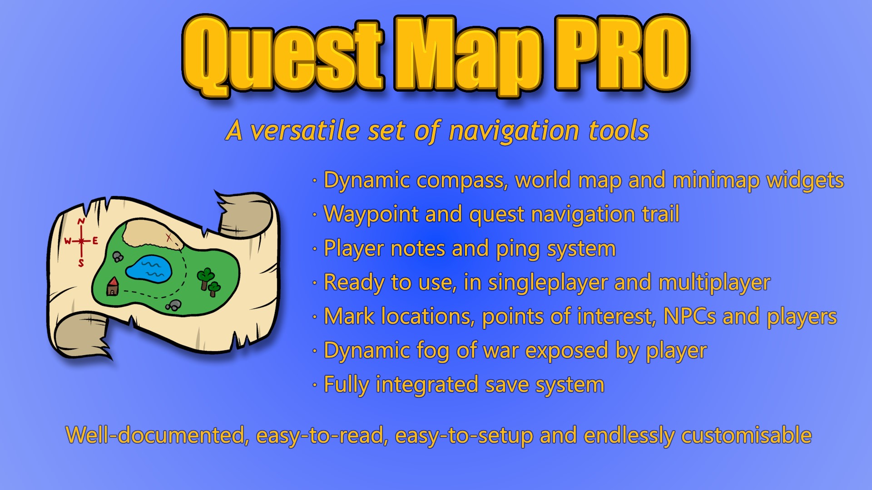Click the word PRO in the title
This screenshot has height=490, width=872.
pos(621,54)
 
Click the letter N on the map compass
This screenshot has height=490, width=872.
pos(81,221)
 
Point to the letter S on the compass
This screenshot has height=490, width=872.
pos(81,263)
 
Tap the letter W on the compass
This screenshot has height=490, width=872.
pos(68,241)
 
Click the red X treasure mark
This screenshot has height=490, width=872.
pos(168,237)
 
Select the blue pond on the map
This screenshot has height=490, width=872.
pos(149,267)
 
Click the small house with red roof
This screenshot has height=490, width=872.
pos(112,287)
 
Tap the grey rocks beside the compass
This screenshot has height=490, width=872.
pos(118,257)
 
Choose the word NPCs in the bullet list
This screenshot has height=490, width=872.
pos(689,317)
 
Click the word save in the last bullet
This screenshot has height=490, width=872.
pos(507,385)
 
